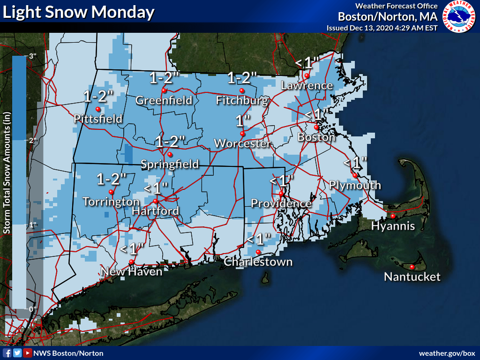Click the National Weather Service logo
pyautogui.click(x=459, y=17)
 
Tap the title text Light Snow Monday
pyautogui.click(x=78, y=12)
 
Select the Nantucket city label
pyautogui.click(x=412, y=277)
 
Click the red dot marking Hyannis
pyautogui.click(x=393, y=216)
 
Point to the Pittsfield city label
pyautogui.click(x=98, y=119)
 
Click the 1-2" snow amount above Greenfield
pyautogui.click(x=165, y=77)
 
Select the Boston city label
pyautogui.click(x=316, y=137)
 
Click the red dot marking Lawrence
pyautogui.click(x=307, y=75)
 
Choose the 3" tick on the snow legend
pyautogui.click(x=32, y=56)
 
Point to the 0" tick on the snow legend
pyautogui.click(x=32, y=309)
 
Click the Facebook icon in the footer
pyautogui.click(x=7, y=353)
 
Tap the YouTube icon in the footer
pyautogui.click(x=28, y=353)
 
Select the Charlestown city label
pyautogui.click(x=258, y=262)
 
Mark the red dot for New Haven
pyautogui.click(x=132, y=262)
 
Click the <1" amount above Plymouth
pyautogui.click(x=355, y=163)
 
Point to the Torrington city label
pyautogui.click(x=111, y=202)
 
